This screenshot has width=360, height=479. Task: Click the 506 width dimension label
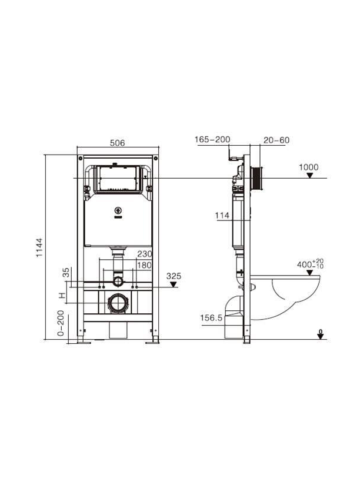click(118, 143)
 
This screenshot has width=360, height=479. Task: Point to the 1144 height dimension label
click(39, 247)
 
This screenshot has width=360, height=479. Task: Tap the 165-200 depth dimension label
click(212, 140)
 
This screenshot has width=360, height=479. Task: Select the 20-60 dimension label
click(276, 140)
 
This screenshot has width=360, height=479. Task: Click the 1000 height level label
click(309, 167)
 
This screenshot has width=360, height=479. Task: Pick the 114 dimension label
click(222, 215)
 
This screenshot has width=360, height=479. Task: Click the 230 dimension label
click(144, 254)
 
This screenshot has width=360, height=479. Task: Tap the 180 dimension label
click(144, 265)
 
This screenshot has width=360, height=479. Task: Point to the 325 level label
click(174, 276)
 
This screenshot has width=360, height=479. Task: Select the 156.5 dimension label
click(211, 318)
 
